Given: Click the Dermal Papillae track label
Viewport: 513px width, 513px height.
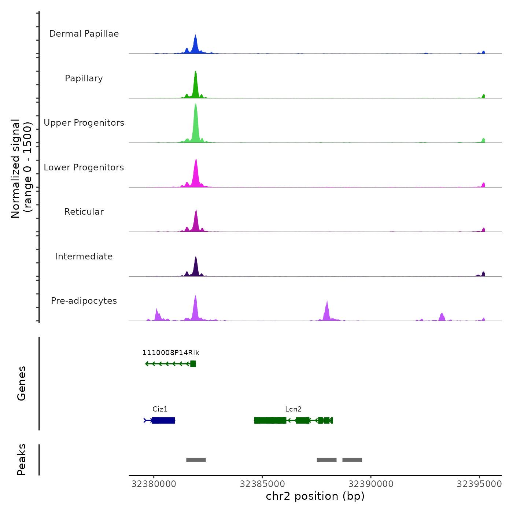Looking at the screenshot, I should (84, 34).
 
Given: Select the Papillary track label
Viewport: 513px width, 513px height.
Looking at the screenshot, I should (84, 78).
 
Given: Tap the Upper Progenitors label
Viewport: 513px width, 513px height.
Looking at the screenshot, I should (84, 123).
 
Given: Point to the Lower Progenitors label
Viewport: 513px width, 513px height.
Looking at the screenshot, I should (84, 167).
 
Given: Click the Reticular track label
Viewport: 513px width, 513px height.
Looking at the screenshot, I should (84, 212).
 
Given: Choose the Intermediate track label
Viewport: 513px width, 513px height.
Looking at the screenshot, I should (84, 256).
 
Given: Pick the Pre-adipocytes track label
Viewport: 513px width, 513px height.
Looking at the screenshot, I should (84, 301).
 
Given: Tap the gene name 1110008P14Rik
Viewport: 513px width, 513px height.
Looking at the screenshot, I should (171, 353).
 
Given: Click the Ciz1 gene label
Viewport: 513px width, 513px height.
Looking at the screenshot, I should (160, 409).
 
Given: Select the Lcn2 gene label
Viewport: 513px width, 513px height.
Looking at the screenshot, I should (294, 409).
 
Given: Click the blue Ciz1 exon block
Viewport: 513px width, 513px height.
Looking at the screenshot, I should (163, 420).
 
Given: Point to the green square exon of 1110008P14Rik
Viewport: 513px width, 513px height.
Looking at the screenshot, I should (193, 364).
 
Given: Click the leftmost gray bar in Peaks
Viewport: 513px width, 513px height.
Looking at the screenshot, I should (196, 460).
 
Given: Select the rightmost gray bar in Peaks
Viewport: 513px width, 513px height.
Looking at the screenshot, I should (352, 460).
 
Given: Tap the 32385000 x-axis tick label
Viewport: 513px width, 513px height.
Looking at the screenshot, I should (262, 484).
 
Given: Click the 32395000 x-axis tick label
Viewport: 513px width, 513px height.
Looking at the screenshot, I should (479, 484).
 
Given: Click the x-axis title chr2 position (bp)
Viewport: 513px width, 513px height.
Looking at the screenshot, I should (315, 497).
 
